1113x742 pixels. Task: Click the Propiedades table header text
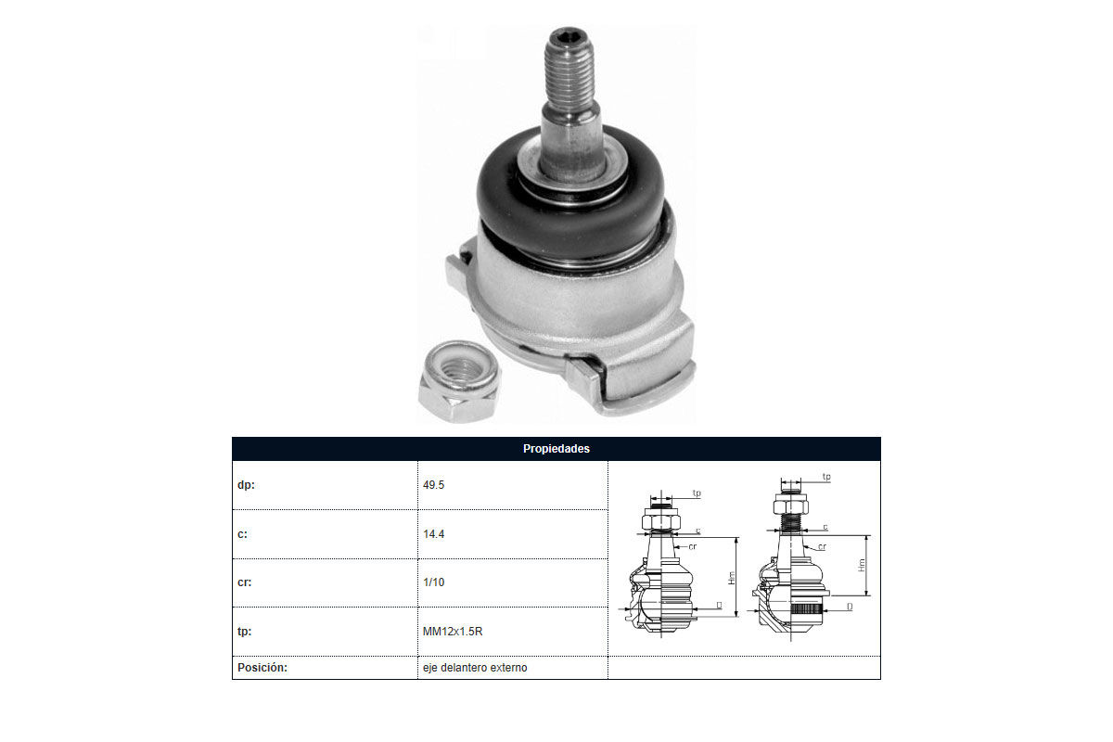coord(556,449)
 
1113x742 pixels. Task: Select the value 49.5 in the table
coord(433,485)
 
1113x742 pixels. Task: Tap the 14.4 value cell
coord(433,534)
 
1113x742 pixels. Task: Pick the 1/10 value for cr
coord(433,582)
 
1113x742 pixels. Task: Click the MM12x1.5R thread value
coord(453,632)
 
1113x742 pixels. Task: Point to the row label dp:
coord(246,485)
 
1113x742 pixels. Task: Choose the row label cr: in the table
coord(245,582)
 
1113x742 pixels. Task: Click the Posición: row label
coord(262,668)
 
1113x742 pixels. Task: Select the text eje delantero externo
coord(475,668)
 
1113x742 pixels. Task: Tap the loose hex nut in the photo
coord(459,382)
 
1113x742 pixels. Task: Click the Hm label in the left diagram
coord(732,578)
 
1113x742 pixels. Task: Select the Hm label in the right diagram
coord(862,565)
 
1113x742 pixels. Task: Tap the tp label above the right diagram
coord(826,477)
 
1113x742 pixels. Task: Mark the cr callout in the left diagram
coord(693,546)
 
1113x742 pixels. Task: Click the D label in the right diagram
coord(850,607)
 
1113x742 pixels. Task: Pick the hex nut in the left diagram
coord(660,521)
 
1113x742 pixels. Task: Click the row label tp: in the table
coord(245,632)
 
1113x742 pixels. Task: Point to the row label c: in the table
coord(242,534)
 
